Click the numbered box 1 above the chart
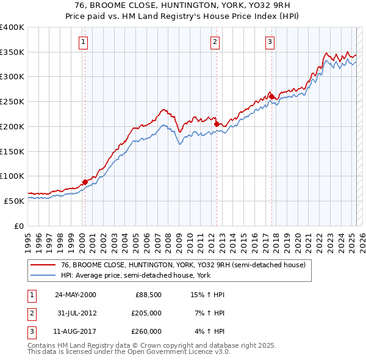[x=84, y=42]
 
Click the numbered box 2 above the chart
[x=215, y=42]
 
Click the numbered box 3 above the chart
[x=270, y=42]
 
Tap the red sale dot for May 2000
[x=85, y=182]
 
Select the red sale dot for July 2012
[x=217, y=124]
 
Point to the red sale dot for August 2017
[x=271, y=96]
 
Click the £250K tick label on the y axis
[x=12, y=101]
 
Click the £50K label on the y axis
[x=14, y=200]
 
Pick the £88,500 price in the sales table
[x=148, y=295]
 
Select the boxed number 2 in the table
[x=31, y=313]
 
